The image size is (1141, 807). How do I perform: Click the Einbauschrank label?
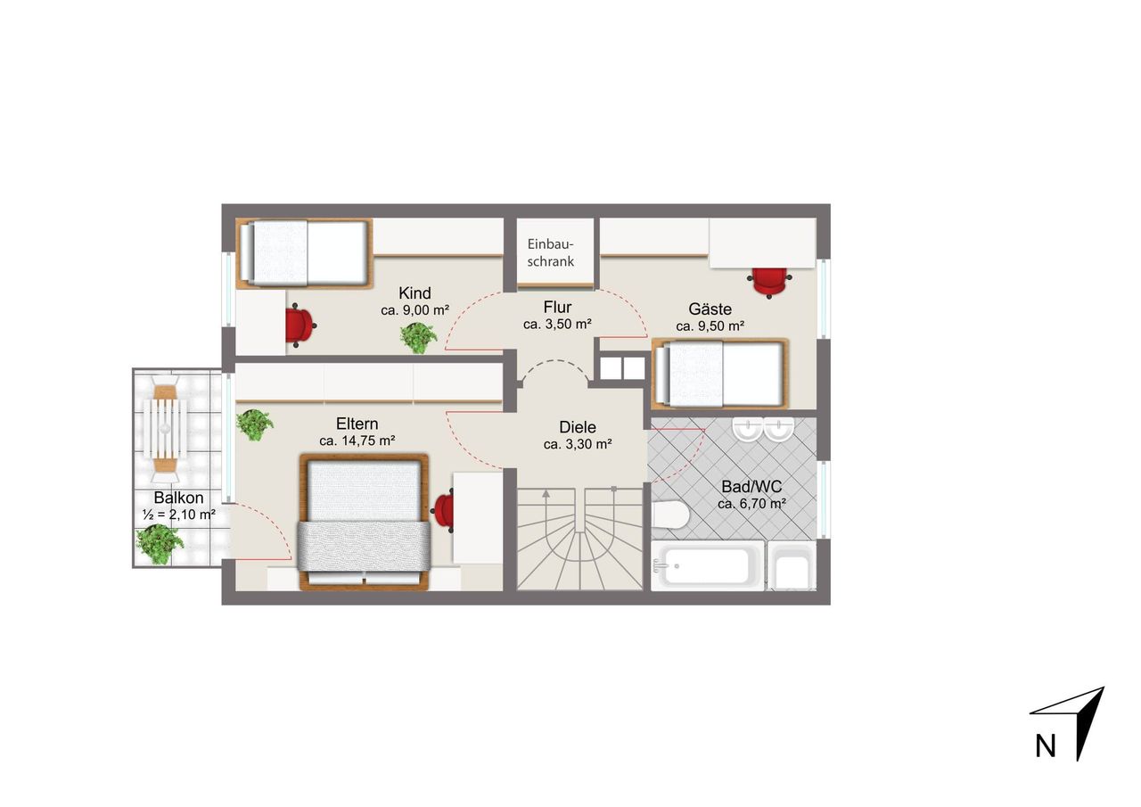[551, 252]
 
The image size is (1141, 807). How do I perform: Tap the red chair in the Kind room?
[301, 326]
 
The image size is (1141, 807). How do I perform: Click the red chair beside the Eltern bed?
[443, 510]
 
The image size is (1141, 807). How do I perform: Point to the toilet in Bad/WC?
[670, 515]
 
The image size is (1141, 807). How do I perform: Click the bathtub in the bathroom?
[708, 566]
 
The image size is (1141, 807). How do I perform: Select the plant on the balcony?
[160, 544]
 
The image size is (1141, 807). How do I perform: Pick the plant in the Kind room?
[419, 337]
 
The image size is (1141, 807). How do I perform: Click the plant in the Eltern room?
[255, 424]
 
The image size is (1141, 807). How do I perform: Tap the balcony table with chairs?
[165, 428]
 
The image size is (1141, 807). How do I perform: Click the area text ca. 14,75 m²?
[357, 441]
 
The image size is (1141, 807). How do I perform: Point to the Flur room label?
[558, 308]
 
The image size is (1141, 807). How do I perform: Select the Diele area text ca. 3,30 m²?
[578, 445]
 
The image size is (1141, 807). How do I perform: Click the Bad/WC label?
[751, 487]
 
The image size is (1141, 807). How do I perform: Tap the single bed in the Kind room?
[305, 254]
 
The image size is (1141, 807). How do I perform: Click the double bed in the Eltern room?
[364, 522]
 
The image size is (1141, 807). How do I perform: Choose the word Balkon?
[179, 498]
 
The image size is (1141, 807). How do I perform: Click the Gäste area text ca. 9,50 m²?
[710, 326]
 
